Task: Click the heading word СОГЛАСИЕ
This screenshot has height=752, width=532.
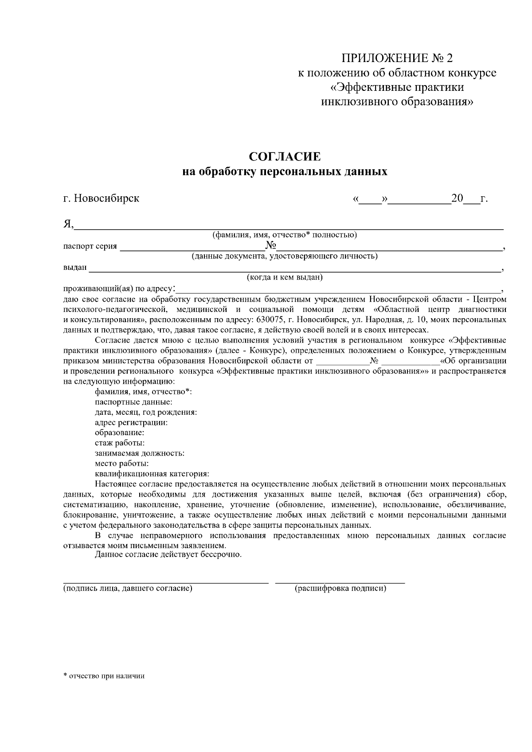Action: (x=285, y=157)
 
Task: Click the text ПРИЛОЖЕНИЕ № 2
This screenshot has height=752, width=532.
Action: (x=398, y=58)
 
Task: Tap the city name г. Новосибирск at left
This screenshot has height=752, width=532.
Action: (x=101, y=198)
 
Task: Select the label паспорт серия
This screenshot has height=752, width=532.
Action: (x=90, y=246)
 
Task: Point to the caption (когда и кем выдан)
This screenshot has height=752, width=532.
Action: (x=285, y=278)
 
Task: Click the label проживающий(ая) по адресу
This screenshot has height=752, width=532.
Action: (x=119, y=289)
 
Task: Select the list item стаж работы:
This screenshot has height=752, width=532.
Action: (x=119, y=443)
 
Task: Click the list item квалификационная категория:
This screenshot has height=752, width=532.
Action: (x=152, y=473)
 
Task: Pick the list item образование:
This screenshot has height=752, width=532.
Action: (x=119, y=432)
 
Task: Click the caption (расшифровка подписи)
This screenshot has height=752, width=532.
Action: (x=340, y=588)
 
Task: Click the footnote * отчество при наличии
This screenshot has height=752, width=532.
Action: (x=104, y=676)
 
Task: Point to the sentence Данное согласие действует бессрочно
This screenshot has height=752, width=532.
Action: (x=168, y=555)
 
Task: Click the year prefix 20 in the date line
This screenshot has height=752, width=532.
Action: (x=457, y=199)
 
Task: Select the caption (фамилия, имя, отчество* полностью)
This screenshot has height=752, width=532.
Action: (x=285, y=235)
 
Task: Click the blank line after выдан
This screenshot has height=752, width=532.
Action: (x=293, y=269)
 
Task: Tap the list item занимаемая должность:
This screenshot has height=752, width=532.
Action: (x=140, y=453)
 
